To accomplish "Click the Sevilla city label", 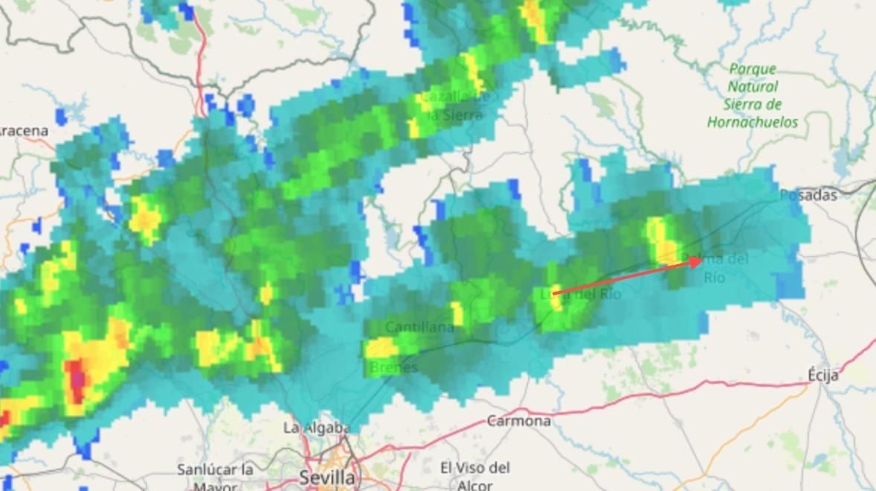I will [x=327, y=476].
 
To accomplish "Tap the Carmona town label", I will [x=519, y=421].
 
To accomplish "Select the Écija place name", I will [x=823, y=375].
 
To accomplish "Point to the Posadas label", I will [x=808, y=195].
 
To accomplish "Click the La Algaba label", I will [x=316, y=428].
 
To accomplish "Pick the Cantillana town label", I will [x=419, y=327].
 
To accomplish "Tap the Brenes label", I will [x=393, y=367].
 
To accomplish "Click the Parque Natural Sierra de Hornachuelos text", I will [x=753, y=95].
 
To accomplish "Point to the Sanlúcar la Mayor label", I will [x=215, y=477].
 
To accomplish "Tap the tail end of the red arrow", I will [x=553, y=295].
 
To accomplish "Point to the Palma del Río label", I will [x=715, y=268].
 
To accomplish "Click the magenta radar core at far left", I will [x=77, y=376].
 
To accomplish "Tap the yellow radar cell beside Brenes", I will [x=381, y=347].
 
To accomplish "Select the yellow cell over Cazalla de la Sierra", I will [x=474, y=71].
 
